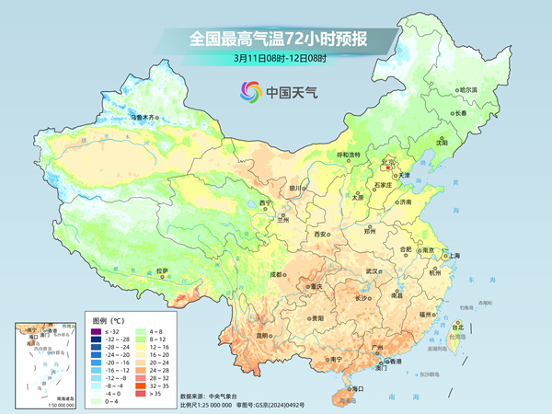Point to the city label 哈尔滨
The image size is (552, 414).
(469, 89)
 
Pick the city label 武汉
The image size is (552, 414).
(373, 271)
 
